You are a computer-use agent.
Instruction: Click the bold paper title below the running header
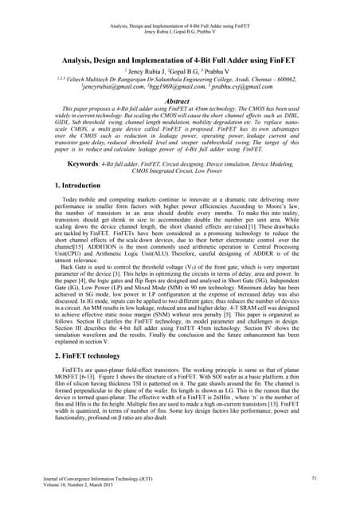[180, 61]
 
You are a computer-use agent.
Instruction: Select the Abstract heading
[180, 113]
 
